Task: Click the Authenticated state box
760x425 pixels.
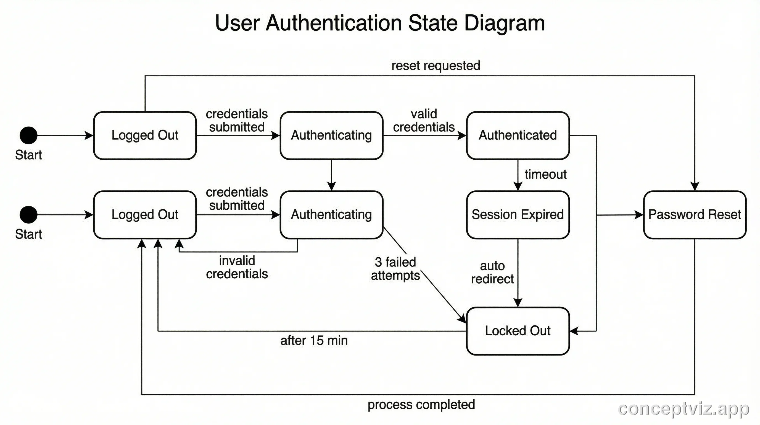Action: [x=518, y=135]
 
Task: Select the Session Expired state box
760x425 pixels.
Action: [x=518, y=214]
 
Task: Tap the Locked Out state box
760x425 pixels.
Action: [x=518, y=331]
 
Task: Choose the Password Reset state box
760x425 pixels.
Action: [x=695, y=214]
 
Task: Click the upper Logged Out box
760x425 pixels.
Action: [x=145, y=135]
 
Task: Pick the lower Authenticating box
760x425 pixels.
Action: [x=331, y=214]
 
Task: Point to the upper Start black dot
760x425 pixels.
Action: [x=29, y=135]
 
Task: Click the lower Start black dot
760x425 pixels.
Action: [x=29, y=214]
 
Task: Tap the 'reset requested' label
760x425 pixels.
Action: [x=436, y=66]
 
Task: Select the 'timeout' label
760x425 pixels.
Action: [x=545, y=174]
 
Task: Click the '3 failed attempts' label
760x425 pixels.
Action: [x=395, y=268]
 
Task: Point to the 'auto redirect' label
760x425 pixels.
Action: [x=492, y=272]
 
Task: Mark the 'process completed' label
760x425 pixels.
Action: [x=421, y=405]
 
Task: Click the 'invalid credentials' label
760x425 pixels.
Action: [x=237, y=267]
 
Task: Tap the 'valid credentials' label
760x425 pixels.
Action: [x=424, y=121]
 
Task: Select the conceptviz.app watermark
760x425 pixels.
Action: [x=683, y=409]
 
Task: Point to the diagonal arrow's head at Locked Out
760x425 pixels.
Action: [x=463, y=319]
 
